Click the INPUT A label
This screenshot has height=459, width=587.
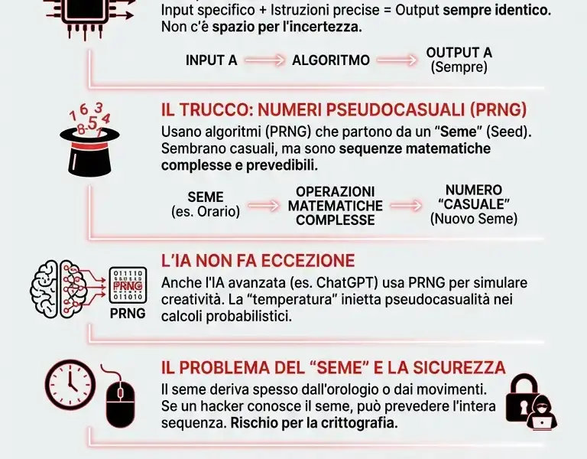[x=212, y=60]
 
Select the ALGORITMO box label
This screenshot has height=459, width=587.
[x=331, y=60]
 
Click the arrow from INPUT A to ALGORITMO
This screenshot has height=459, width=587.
[x=264, y=60]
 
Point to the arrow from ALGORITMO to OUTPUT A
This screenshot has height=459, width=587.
[x=397, y=60]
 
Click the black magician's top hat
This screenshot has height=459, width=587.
[x=91, y=153]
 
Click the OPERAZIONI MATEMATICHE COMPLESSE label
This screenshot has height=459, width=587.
[x=335, y=205]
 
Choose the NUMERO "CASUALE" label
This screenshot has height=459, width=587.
[x=474, y=204]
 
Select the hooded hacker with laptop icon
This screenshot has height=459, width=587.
[x=542, y=413]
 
